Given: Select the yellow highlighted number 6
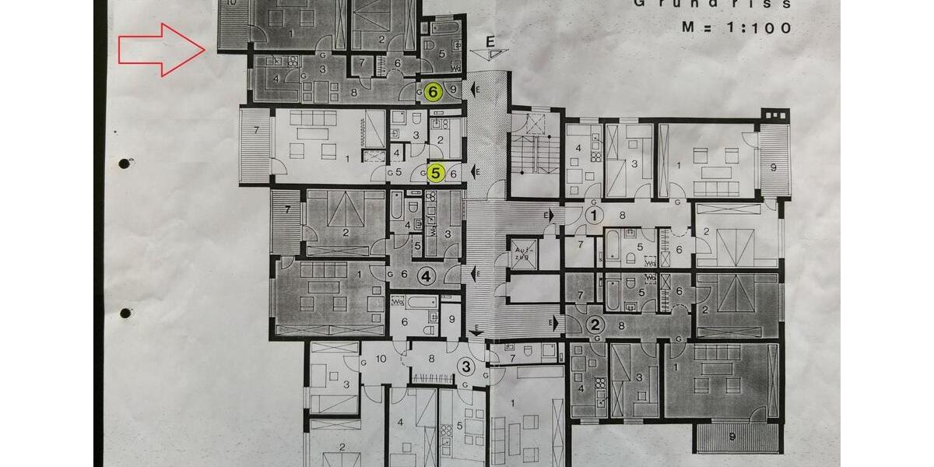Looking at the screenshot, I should pyautogui.click(x=434, y=92).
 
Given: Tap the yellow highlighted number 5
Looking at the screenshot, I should pyautogui.click(x=435, y=173).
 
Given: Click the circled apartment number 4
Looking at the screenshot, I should pyautogui.click(x=426, y=275).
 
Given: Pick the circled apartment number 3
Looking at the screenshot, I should pyautogui.click(x=465, y=367).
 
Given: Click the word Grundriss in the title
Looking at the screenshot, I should pyautogui.click(x=712, y=4).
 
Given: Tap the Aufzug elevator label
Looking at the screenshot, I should pyautogui.click(x=521, y=252).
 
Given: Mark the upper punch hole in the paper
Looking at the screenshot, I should pyautogui.click(x=125, y=164).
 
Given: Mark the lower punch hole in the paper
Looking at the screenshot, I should pyautogui.click(x=125, y=313).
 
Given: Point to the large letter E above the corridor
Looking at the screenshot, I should pyautogui.click(x=490, y=40).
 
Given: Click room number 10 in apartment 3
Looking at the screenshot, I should pyautogui.click(x=380, y=359).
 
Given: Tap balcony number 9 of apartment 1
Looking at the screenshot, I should pyautogui.click(x=773, y=166).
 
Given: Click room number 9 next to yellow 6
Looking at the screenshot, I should pyautogui.click(x=453, y=92).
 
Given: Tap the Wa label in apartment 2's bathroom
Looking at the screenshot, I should pyautogui.click(x=650, y=277).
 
